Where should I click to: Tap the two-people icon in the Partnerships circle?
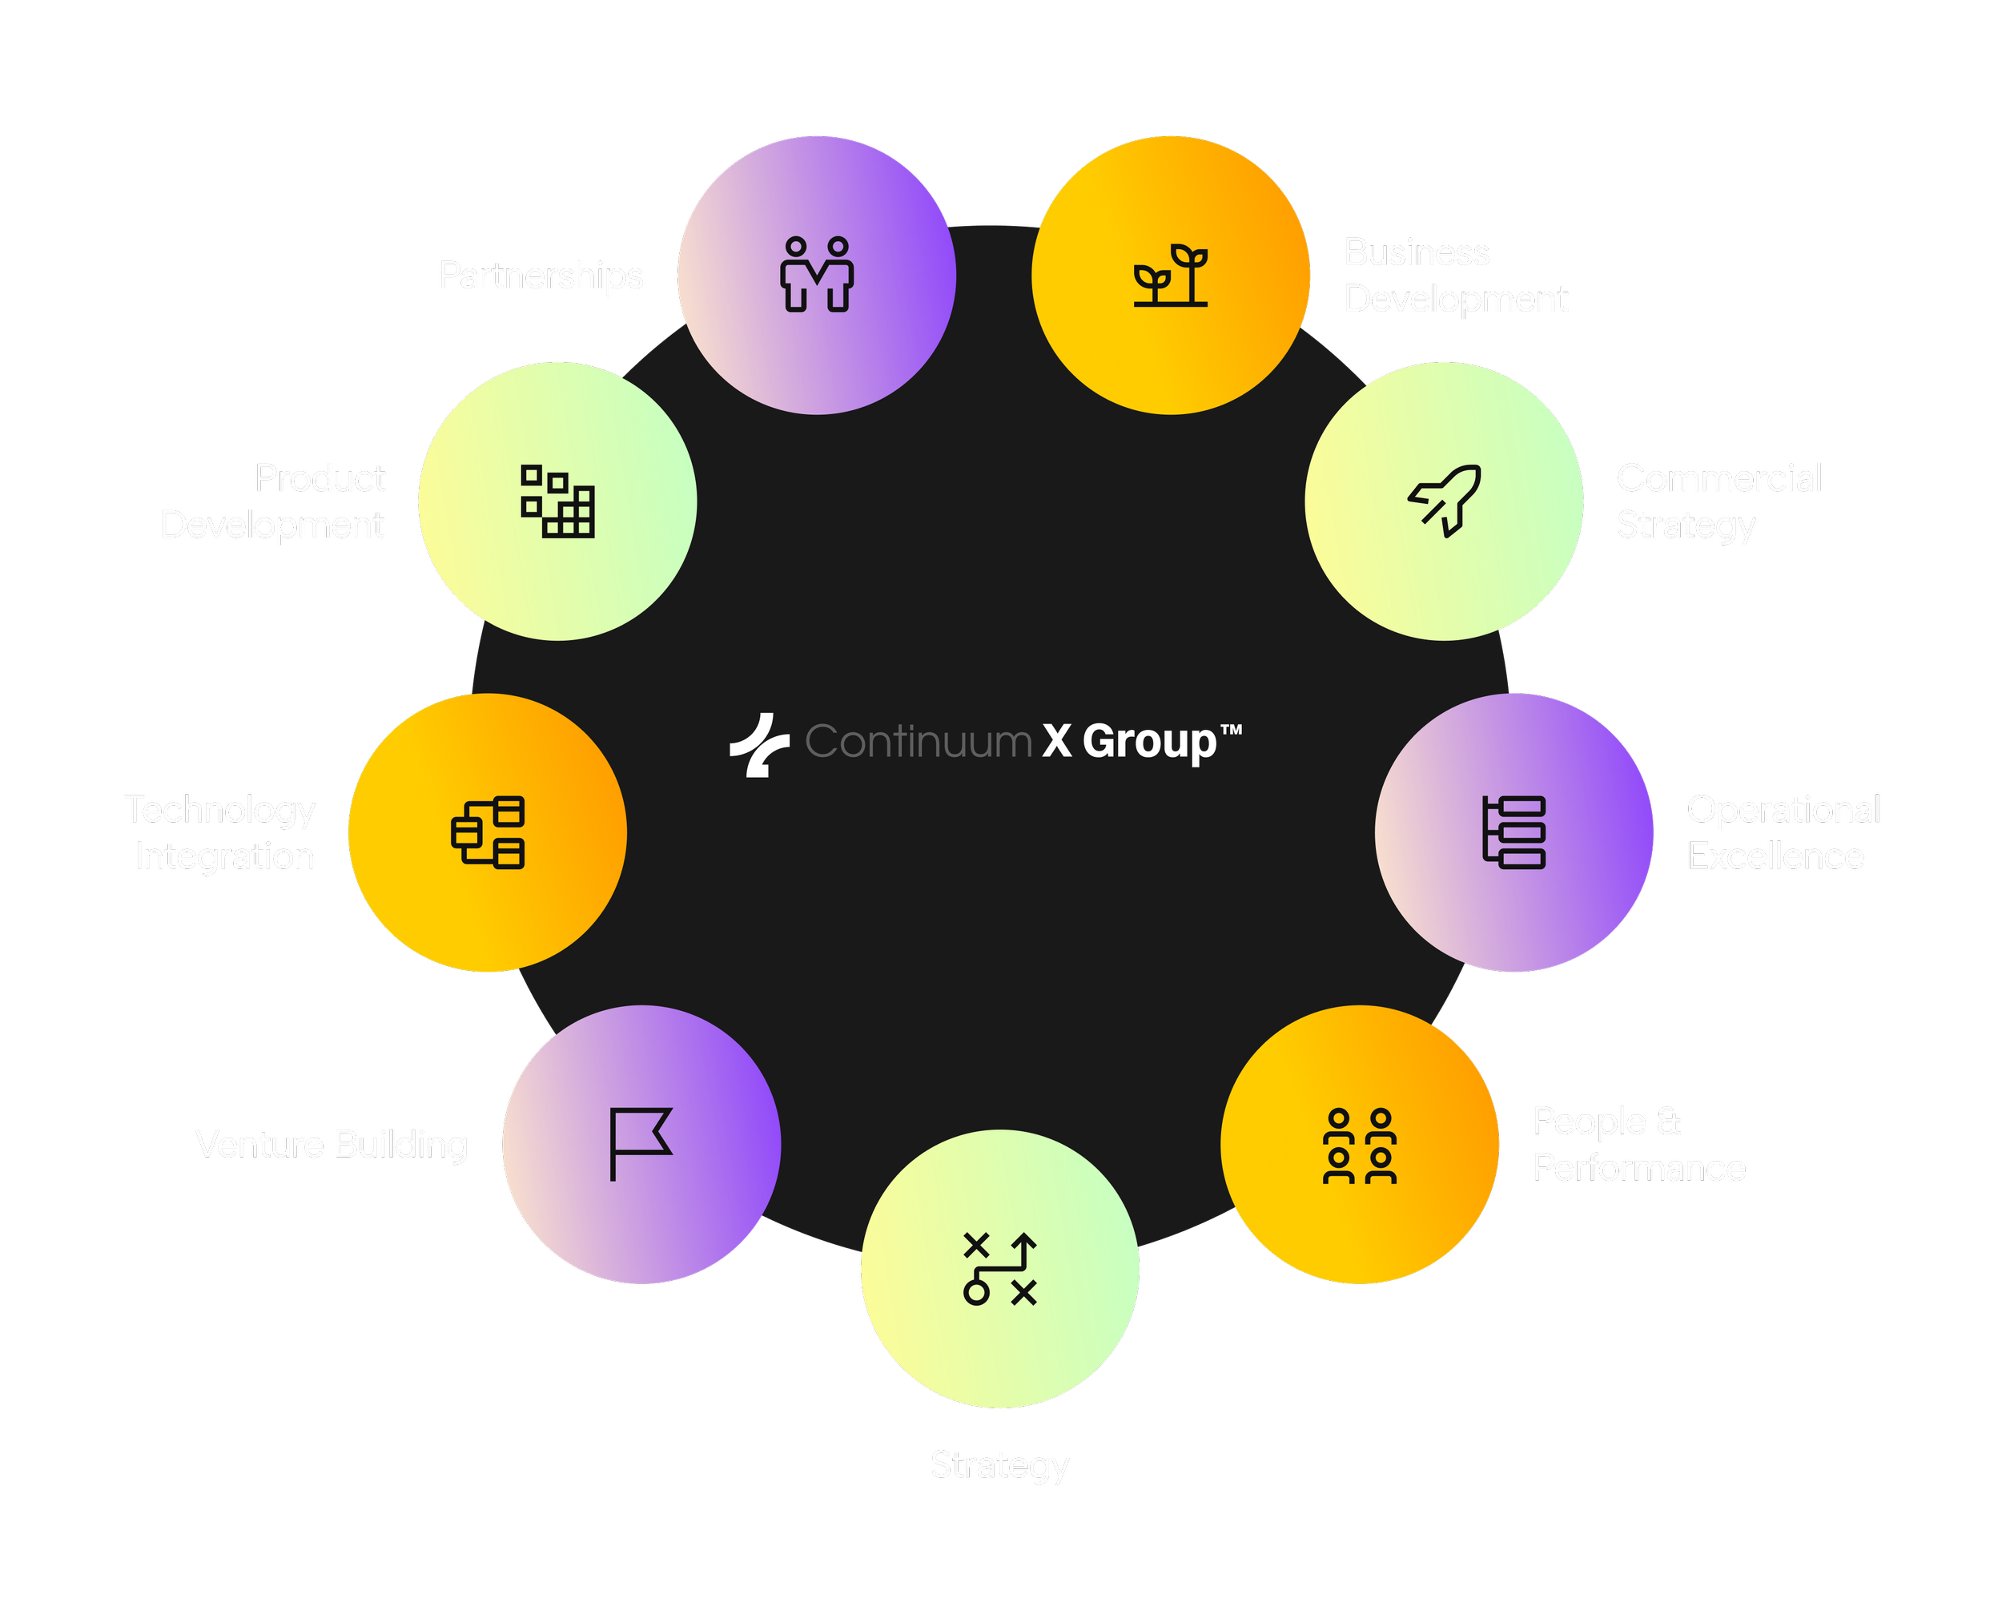(x=817, y=274)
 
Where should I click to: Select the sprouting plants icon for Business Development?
(x=1170, y=275)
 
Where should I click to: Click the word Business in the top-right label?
(x=1416, y=253)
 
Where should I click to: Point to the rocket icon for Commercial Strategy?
(x=1444, y=500)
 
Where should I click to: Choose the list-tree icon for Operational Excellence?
(x=1514, y=832)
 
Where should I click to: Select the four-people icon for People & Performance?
(x=1360, y=1146)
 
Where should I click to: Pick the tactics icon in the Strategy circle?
(x=1000, y=1269)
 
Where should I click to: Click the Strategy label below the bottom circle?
(x=999, y=1465)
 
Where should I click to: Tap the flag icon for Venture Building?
(x=640, y=1144)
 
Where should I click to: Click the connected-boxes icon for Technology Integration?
(x=488, y=832)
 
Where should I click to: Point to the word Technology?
(x=220, y=810)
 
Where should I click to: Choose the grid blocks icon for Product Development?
(x=558, y=501)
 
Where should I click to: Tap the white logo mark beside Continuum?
(x=759, y=744)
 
